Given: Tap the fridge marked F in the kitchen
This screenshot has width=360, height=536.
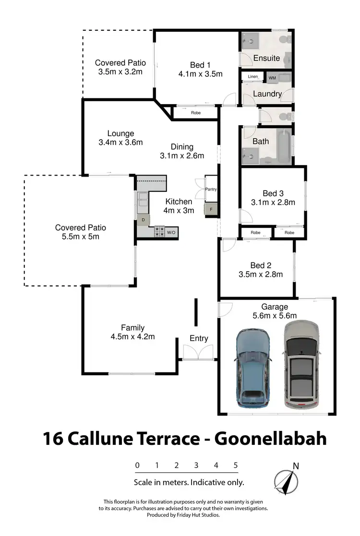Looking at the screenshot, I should [211, 209].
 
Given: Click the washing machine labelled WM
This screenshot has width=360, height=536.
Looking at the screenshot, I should [272, 78].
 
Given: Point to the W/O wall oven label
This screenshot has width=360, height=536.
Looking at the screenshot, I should [171, 233].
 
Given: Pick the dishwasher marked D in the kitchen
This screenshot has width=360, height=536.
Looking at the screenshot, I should [143, 220].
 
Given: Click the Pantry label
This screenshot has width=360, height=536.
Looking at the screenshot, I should [211, 189].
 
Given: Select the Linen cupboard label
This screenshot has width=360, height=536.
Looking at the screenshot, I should [253, 77].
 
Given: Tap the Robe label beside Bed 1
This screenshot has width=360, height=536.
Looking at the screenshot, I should [196, 113].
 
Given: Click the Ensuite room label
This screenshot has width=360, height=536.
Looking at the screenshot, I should [266, 58].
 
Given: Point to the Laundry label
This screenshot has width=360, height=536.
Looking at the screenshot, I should [267, 94].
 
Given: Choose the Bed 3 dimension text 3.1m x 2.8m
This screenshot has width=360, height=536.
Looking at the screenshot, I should [273, 202].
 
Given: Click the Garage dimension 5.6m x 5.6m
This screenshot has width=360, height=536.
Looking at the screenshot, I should [275, 315].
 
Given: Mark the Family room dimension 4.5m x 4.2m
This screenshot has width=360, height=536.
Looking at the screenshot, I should [132, 336].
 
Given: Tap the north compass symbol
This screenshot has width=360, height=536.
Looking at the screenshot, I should [287, 480].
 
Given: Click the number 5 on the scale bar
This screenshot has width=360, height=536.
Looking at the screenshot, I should [236, 465].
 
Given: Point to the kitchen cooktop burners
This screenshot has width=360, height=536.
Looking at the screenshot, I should [159, 232].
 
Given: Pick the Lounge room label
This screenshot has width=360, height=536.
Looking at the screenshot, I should [120, 133].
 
